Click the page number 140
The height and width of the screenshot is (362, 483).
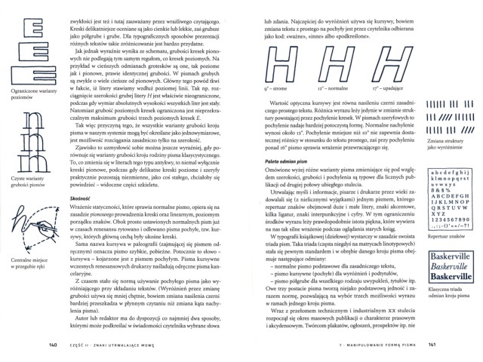52,346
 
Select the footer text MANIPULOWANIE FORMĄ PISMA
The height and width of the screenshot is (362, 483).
376,346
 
